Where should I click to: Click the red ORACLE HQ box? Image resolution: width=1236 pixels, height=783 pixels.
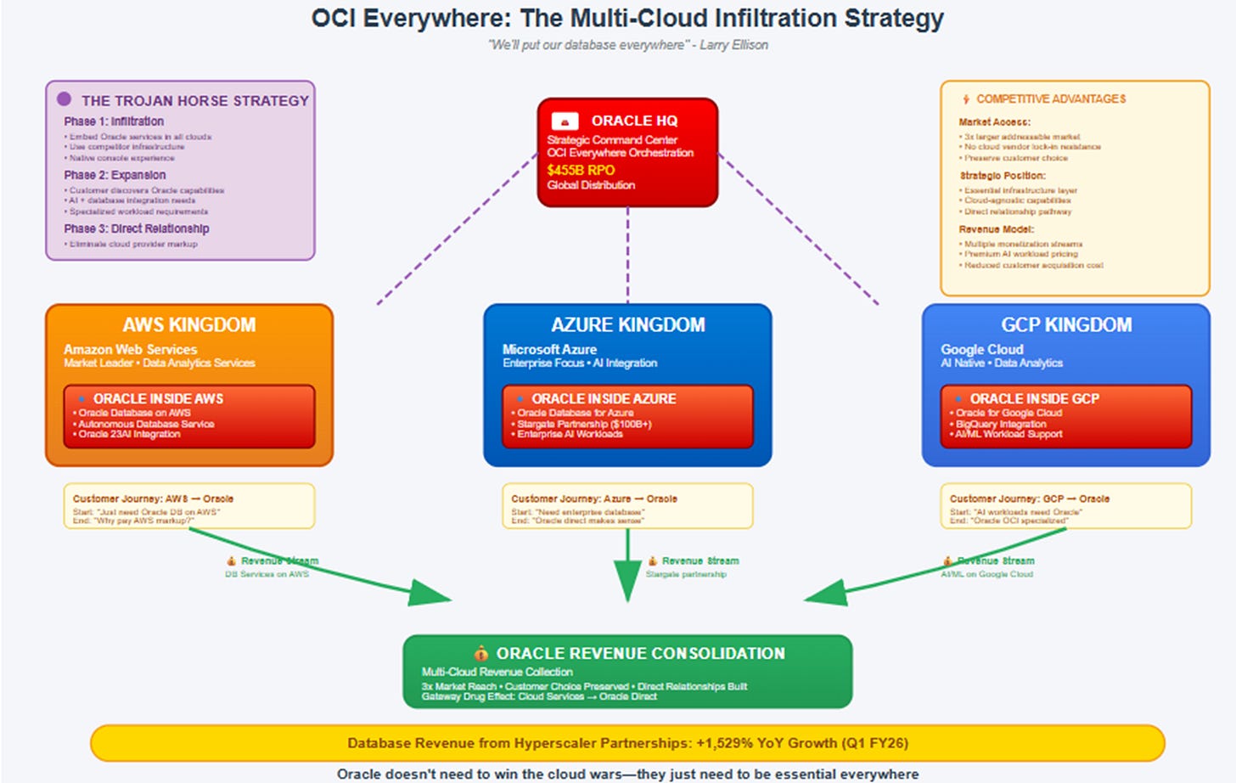pyautogui.click(x=627, y=152)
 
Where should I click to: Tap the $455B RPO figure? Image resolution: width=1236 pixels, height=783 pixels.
pyautogui.click(x=581, y=170)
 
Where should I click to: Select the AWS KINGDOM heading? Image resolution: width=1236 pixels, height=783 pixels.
pyautogui.click(x=188, y=325)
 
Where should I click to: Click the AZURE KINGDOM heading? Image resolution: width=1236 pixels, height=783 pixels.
pyautogui.click(x=627, y=325)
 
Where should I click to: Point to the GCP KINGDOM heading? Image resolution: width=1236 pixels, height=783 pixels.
pyautogui.click(x=1066, y=325)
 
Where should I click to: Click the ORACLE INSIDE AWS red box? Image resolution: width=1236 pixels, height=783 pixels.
pyautogui.click(x=188, y=416)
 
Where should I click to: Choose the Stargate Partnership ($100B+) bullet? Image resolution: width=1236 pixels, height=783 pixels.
pyautogui.click(x=584, y=424)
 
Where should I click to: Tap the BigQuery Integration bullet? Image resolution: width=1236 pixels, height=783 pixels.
pyautogui.click(x=1001, y=424)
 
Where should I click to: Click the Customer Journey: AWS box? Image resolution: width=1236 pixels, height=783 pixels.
pyautogui.click(x=188, y=506)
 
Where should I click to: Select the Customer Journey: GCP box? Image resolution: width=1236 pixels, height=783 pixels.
pyautogui.click(x=1065, y=506)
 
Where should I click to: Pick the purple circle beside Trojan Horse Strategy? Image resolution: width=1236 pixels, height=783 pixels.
pyautogui.click(x=64, y=99)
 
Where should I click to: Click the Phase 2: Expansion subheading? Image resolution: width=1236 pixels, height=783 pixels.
pyautogui.click(x=115, y=175)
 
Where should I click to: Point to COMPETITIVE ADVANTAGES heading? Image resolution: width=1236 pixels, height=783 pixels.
pyautogui.click(x=1050, y=99)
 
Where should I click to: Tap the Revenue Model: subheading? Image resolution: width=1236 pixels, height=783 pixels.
pyautogui.click(x=996, y=229)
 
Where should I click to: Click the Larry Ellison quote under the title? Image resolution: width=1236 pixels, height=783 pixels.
pyautogui.click(x=627, y=45)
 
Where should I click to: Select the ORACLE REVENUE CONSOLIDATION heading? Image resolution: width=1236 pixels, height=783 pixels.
pyautogui.click(x=640, y=653)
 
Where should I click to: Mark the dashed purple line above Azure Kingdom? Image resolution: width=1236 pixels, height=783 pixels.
pyautogui.click(x=627, y=255)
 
